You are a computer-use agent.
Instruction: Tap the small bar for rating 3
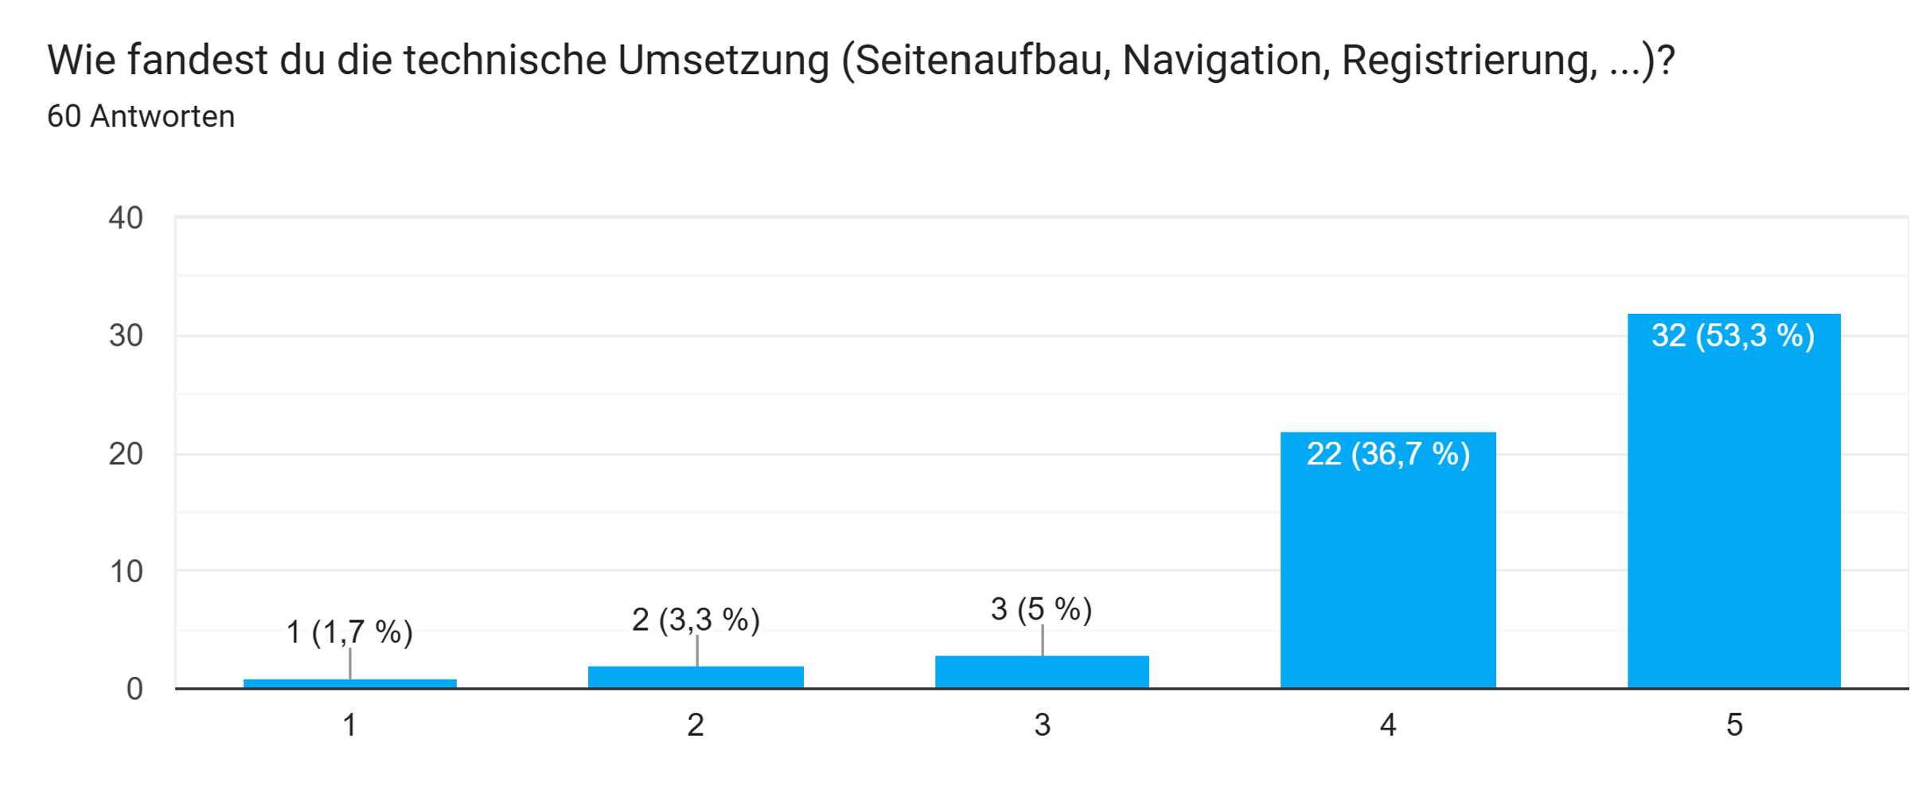click(x=1042, y=672)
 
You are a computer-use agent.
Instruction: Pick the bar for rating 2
click(x=696, y=677)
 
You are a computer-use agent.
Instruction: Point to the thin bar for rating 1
click(x=350, y=683)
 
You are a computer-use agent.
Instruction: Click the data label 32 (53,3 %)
click(x=1733, y=335)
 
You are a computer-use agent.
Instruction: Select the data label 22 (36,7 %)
click(x=1388, y=454)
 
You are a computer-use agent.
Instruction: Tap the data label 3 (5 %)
click(x=1041, y=609)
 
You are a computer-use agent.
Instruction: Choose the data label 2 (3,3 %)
click(x=696, y=620)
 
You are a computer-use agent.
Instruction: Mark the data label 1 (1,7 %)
click(x=349, y=632)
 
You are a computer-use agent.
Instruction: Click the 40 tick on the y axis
click(x=126, y=217)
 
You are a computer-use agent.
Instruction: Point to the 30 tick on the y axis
click(x=126, y=335)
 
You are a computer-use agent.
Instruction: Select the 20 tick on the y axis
click(x=126, y=454)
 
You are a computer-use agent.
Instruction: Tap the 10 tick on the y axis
click(x=126, y=571)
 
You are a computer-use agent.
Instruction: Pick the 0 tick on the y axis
click(x=135, y=689)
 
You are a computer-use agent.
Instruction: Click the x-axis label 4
click(x=1388, y=725)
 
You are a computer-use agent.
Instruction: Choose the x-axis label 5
click(x=1734, y=725)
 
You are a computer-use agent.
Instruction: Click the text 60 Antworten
click(x=141, y=116)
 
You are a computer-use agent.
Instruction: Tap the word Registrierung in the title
click(x=1469, y=61)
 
